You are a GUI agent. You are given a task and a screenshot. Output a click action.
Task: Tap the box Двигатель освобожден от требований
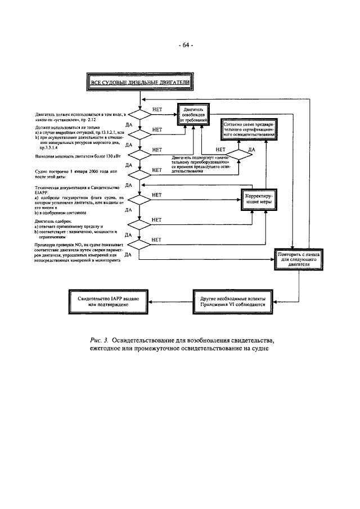pyautogui.click(x=195, y=113)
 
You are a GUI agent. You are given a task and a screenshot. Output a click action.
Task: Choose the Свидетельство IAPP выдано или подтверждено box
pyautogui.click(x=109, y=299)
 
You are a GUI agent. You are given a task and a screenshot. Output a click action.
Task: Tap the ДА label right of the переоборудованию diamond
pyautogui.click(x=251, y=149)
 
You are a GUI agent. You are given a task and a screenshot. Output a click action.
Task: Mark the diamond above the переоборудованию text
pyautogui.click(x=238, y=153)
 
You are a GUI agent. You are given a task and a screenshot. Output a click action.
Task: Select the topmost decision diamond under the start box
pyautogui.click(x=139, y=113)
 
